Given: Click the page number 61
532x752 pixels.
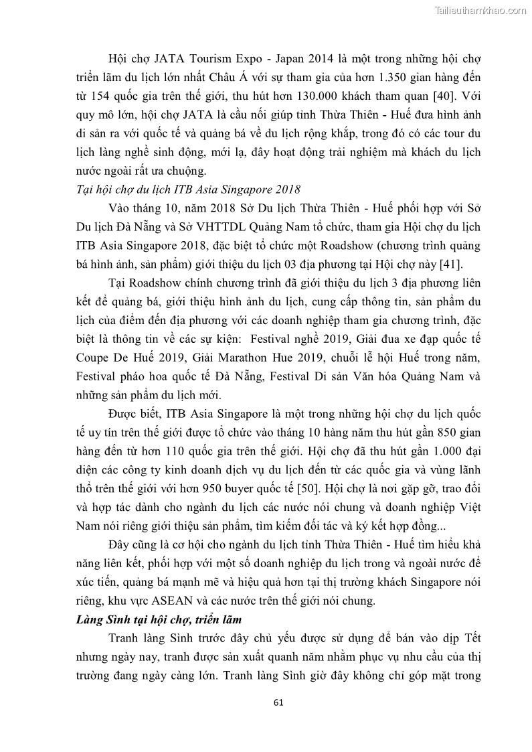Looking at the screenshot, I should [x=280, y=702].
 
